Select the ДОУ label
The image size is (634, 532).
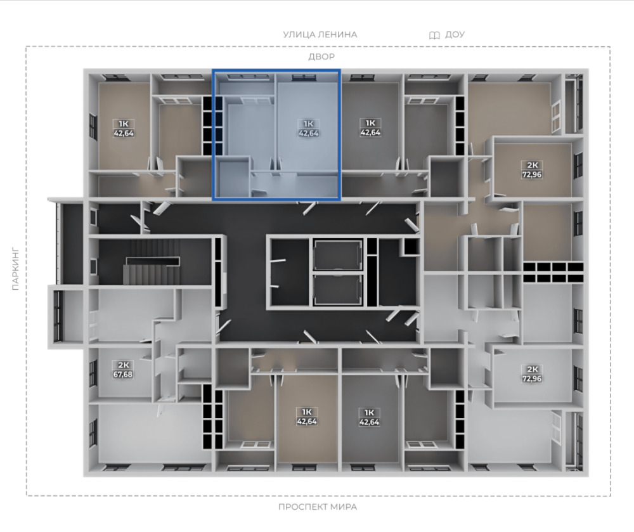point(455,34)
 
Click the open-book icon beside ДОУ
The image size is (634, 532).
point(434,35)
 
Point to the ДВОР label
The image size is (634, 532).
point(321,56)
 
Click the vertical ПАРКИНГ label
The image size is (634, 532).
point(15,268)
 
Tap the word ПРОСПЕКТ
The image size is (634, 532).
point(302,507)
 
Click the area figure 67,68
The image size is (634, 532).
point(122,374)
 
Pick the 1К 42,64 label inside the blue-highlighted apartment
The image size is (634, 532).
point(308,128)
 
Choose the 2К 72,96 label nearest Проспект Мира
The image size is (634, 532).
point(532,373)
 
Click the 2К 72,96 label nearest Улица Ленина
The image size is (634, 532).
point(532,170)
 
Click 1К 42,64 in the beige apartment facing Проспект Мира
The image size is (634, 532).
point(307,417)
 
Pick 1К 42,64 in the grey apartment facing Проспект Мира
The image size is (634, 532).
point(369,417)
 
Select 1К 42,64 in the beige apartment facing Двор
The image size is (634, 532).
point(124,128)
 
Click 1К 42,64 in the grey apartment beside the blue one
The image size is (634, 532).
point(370,127)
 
